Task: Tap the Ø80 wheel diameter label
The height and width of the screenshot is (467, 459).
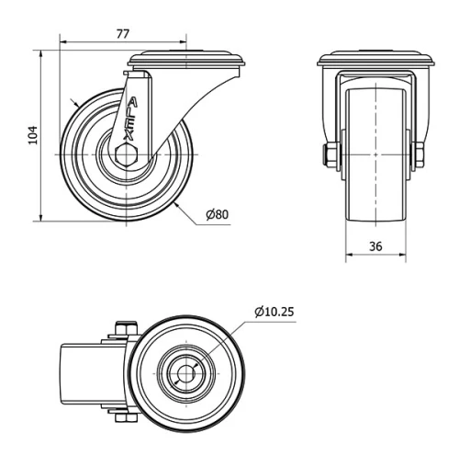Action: (x=217, y=215)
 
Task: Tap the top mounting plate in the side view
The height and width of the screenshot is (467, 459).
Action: (x=187, y=62)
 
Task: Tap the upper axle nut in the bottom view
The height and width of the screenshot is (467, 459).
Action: (x=127, y=328)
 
